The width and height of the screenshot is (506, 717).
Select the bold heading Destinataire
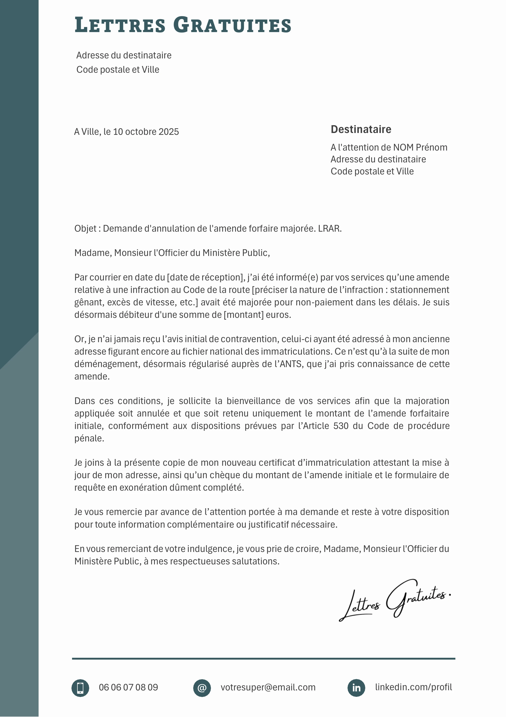(361, 129)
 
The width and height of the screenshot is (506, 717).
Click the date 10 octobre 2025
(146, 132)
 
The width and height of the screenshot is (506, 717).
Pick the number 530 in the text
(341, 426)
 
